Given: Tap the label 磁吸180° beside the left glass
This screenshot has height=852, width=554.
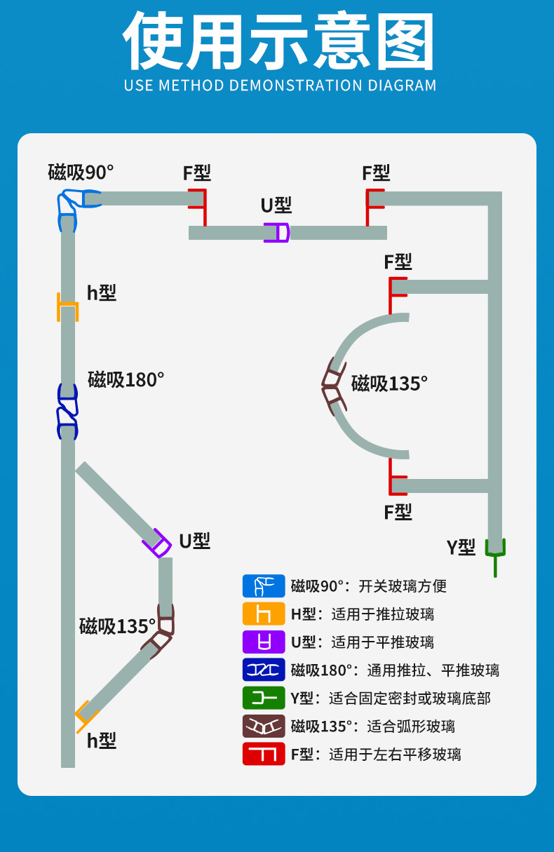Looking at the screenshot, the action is pos(126,379).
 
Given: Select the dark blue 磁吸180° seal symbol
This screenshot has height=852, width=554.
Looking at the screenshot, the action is pos(67,412).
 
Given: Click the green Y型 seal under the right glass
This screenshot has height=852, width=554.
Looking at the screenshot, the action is pos(495,553).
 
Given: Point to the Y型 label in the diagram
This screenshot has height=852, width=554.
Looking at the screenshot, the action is pos(461,547).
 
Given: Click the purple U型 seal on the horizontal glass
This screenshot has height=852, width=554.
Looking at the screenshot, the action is pos(276,232).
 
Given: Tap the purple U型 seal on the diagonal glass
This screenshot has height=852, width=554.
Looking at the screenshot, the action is pos(158,543).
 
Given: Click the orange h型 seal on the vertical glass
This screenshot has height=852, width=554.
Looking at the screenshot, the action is pos(67,306).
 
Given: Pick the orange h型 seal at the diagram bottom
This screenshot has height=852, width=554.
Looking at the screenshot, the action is pos(85,715).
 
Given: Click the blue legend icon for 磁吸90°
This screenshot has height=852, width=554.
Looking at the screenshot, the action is pos(264,586).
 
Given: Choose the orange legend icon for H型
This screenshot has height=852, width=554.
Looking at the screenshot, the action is pos(264,614).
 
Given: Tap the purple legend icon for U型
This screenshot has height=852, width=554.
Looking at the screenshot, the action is pos(264,642).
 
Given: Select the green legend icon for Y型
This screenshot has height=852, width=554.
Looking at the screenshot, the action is pos(264,698).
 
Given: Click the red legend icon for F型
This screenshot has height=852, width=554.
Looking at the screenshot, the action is pos(264,754).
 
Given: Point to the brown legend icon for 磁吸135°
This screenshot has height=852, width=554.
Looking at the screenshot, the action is pos(264,726).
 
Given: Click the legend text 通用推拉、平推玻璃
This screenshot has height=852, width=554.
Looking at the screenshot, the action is pos(433,670).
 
